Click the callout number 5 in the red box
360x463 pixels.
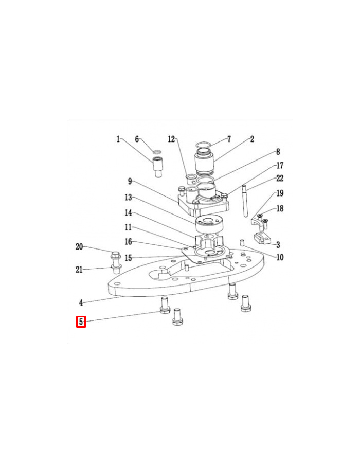tap(81, 322)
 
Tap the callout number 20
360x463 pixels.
tap(79, 246)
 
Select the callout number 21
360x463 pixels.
tap(79, 269)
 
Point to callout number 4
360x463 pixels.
tap(81, 302)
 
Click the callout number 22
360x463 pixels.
tap(280, 178)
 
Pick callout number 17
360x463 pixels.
tap(280, 165)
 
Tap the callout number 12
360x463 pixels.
tap(171, 139)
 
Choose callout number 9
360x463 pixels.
tap(130, 181)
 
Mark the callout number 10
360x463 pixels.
tap(280, 257)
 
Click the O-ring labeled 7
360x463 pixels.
tap(204, 145)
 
